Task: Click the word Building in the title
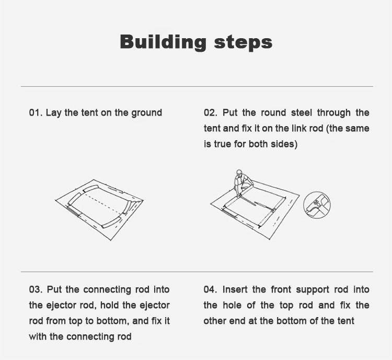click(x=163, y=42)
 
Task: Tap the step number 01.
click(x=36, y=113)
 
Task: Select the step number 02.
click(x=211, y=113)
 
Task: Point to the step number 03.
click(x=36, y=290)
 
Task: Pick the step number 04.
click(x=210, y=290)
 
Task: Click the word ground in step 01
click(x=147, y=113)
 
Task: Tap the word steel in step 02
click(x=302, y=113)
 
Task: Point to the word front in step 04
click(x=281, y=290)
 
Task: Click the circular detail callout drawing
click(x=317, y=205)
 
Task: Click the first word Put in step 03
click(x=54, y=290)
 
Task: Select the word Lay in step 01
click(x=53, y=113)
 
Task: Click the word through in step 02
click(x=334, y=113)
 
